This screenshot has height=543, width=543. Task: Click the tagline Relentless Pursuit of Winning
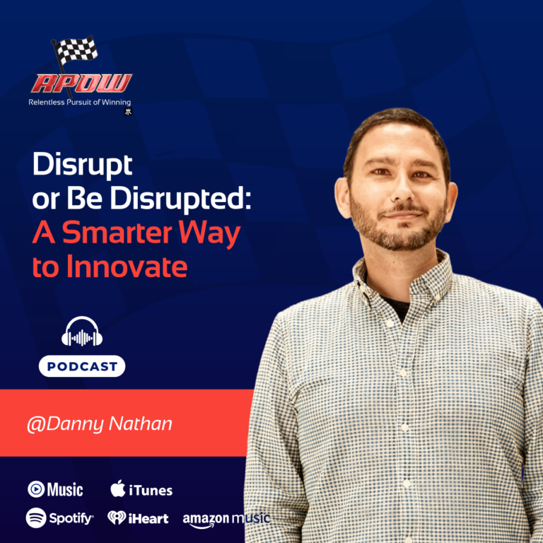[x=79, y=103]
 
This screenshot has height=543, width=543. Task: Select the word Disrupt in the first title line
[x=82, y=166]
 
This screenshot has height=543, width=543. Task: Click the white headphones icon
[x=81, y=332]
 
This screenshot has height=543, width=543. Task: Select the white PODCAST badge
[x=81, y=366]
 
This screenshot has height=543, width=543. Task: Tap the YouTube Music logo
[x=55, y=489]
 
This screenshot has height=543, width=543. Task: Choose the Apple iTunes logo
[x=141, y=489]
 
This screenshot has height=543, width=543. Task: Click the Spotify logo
[x=59, y=518]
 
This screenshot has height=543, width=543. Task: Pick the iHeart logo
[x=138, y=518]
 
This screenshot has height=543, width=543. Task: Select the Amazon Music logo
[x=226, y=519]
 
